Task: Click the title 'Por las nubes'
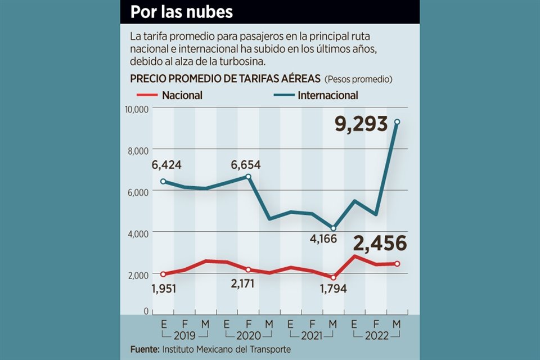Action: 182,12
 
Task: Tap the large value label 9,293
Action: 362,123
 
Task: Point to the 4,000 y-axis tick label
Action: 137,233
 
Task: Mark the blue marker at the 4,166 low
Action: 334,228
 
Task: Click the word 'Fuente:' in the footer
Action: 144,349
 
